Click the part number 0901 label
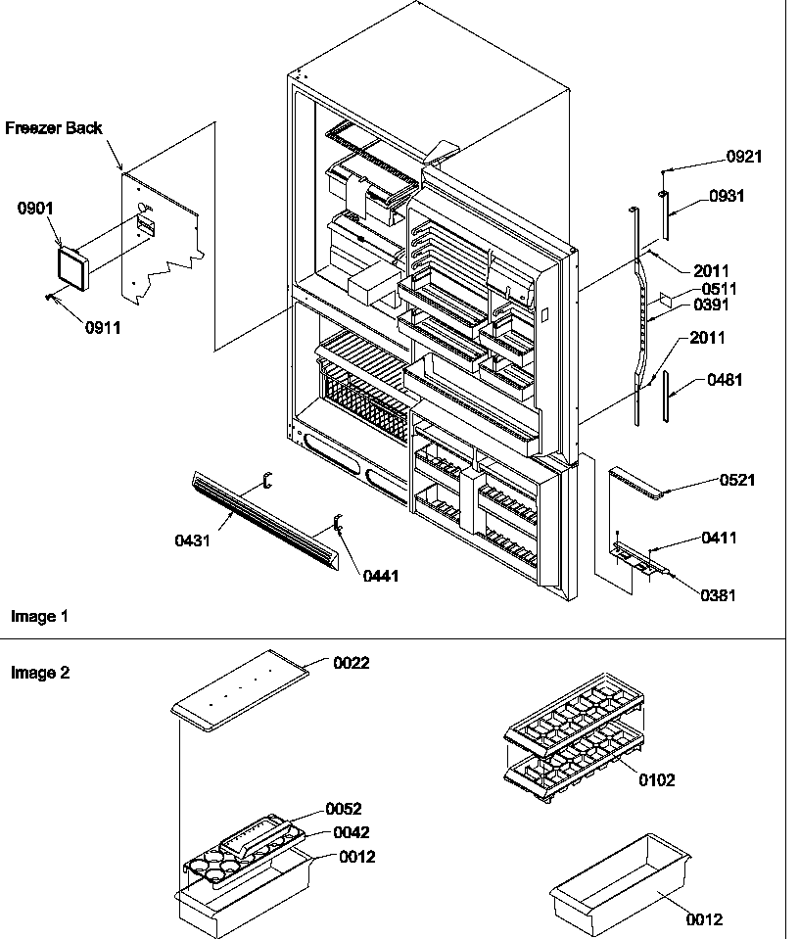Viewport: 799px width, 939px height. (x=35, y=209)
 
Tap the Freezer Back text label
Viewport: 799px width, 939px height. (x=54, y=128)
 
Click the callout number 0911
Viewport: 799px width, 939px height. (x=103, y=328)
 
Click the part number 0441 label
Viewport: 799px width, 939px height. (x=381, y=577)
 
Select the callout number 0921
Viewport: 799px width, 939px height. (x=743, y=157)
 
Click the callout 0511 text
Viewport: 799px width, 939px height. (x=719, y=289)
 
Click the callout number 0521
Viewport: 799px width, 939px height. (x=737, y=480)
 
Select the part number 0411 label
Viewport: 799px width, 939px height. (x=719, y=539)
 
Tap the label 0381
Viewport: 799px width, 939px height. (x=719, y=595)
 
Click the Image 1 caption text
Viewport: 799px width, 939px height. (x=39, y=617)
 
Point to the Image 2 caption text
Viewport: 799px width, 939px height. (x=39, y=673)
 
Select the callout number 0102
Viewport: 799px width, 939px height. (x=656, y=780)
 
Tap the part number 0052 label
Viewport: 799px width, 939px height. (x=343, y=809)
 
